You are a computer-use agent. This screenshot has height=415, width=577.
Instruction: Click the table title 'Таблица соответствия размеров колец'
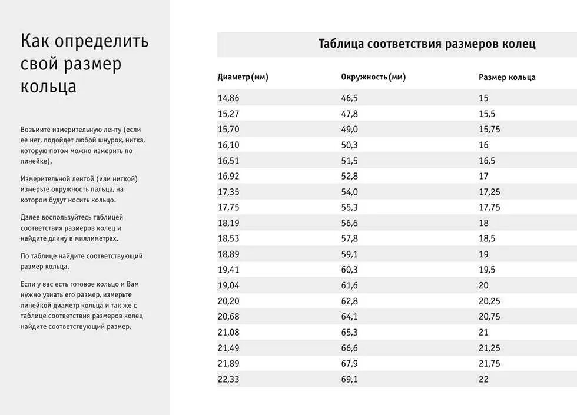[427, 44]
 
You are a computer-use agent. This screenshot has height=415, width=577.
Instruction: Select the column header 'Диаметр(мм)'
[243, 77]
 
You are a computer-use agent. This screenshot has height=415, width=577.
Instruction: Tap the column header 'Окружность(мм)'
[373, 77]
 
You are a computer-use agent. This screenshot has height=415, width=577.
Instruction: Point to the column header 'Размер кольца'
[507, 77]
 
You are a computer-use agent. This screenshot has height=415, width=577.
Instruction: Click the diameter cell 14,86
[228, 98]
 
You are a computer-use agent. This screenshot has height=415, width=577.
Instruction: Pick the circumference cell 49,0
[350, 130]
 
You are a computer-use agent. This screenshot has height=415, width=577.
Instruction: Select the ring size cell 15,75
[489, 130]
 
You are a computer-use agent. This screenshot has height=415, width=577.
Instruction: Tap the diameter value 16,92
[228, 176]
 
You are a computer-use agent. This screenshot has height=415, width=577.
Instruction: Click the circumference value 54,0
[350, 192]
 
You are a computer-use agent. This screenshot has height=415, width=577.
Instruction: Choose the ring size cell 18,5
[487, 238]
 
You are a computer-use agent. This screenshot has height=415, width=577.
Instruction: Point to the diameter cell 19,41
[228, 270]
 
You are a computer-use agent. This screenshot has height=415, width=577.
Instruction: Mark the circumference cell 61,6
[350, 285]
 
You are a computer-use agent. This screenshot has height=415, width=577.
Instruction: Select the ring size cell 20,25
[489, 301]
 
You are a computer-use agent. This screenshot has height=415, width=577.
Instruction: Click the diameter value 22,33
[228, 379]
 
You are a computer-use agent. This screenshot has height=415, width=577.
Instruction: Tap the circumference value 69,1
[350, 379]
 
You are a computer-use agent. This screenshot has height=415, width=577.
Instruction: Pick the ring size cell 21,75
[489, 364]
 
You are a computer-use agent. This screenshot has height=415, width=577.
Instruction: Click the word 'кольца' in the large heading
[49, 87]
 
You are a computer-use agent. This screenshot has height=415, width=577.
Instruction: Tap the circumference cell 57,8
[350, 238]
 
